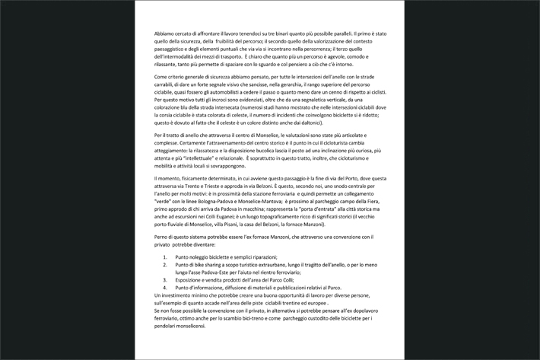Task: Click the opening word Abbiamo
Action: click(165, 35)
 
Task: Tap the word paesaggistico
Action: click(172, 49)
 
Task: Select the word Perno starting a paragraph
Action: click(163, 238)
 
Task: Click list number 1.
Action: click(167, 257)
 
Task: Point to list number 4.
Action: click(167, 287)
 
